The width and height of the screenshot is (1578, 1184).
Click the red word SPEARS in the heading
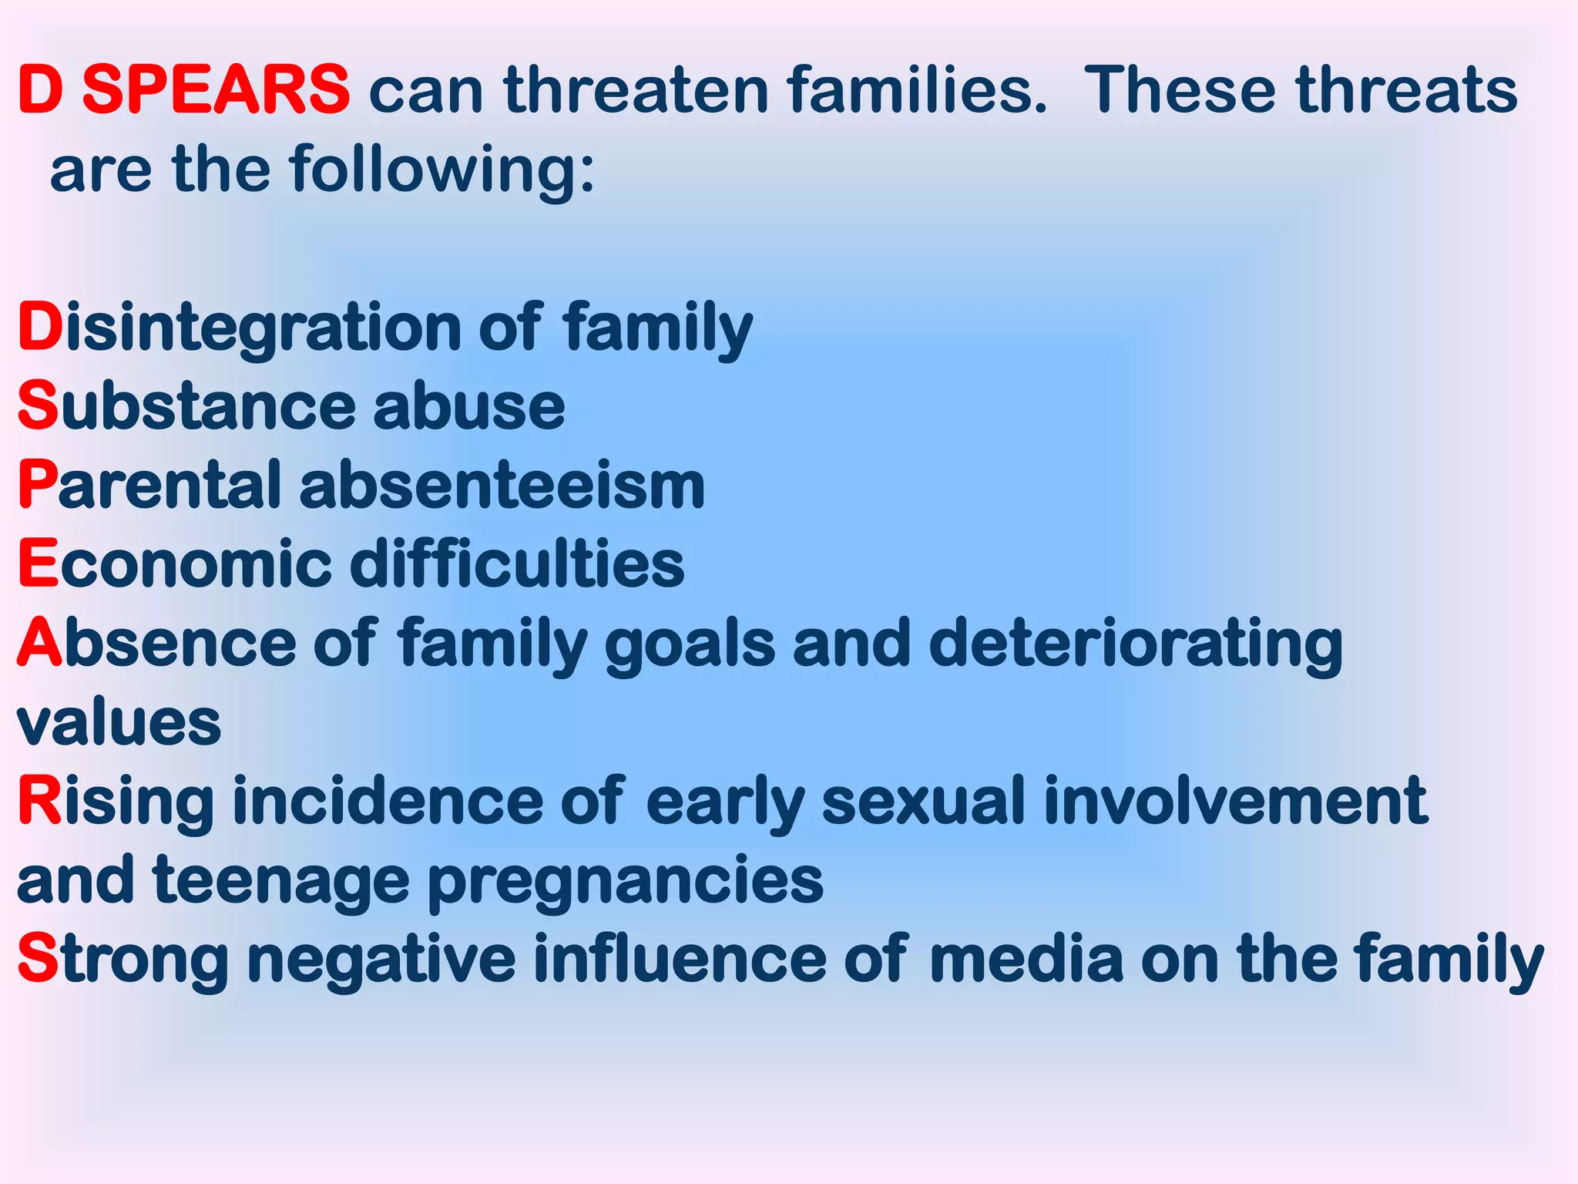[x=216, y=89]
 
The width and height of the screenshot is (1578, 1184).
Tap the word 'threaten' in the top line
[x=636, y=89]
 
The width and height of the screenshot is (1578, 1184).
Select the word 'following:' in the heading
[x=442, y=170]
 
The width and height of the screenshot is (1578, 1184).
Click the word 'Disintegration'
[x=239, y=328]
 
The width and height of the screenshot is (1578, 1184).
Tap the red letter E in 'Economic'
[x=38, y=564]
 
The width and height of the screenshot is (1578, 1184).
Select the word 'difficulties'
[x=517, y=564]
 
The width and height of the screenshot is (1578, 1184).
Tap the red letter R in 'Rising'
[x=39, y=802]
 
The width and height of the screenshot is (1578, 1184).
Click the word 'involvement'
[x=1235, y=802]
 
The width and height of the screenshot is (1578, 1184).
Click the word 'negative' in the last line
[x=381, y=960]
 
